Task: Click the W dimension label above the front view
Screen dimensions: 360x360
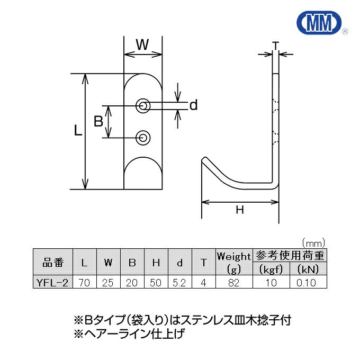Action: [x=142, y=45]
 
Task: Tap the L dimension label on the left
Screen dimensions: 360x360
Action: [x=78, y=131]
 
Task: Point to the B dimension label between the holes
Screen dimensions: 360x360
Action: [x=98, y=122]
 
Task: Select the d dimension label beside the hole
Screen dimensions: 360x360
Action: [x=193, y=105]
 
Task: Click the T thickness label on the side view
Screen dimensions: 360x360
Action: [x=275, y=46]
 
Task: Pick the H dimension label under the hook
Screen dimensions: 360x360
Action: [x=240, y=210]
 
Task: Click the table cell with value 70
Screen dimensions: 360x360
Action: [x=84, y=283]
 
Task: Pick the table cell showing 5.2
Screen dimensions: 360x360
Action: [x=179, y=283]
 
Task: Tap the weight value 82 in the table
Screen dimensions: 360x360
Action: [x=233, y=283]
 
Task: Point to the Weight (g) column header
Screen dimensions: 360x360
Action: [x=233, y=262]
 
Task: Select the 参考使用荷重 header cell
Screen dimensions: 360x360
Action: [x=289, y=256]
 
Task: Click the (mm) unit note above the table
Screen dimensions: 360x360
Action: [x=312, y=242]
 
